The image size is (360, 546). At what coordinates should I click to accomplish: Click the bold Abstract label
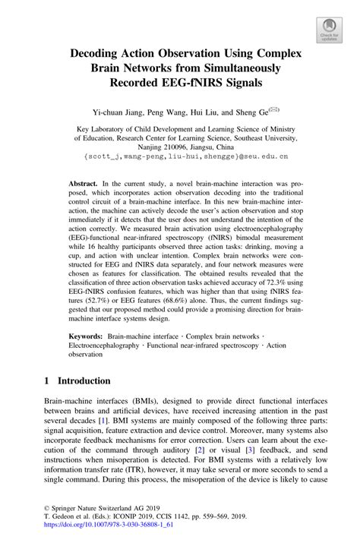pyautogui.click(x=84, y=185)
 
